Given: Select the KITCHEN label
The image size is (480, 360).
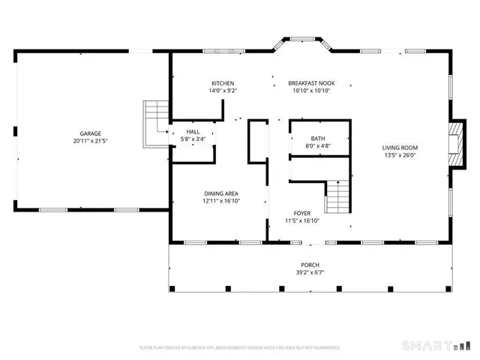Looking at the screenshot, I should [x=223, y=83].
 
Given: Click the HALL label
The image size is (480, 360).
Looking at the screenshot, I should [x=193, y=132].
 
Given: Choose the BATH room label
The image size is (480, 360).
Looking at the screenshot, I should [x=318, y=139].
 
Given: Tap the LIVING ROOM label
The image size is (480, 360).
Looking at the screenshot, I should [x=400, y=148].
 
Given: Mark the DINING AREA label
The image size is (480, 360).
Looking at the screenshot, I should [x=221, y=193].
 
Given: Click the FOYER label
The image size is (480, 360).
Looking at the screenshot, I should [x=302, y=213].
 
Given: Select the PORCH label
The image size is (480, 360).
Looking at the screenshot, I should [x=310, y=265].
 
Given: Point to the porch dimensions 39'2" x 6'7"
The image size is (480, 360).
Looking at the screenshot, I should [x=310, y=273].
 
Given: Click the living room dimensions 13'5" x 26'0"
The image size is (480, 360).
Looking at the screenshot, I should [x=400, y=155].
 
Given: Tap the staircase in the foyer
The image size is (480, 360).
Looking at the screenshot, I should [x=337, y=196].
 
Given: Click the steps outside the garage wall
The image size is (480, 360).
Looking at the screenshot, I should [x=155, y=117].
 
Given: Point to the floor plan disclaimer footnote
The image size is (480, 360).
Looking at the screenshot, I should [x=240, y=348].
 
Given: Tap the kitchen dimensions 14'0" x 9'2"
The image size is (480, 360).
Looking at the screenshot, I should [x=223, y=91].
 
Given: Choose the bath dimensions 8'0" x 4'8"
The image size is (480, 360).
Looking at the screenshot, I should [x=318, y=146].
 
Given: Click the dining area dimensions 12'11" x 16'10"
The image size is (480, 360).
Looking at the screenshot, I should [x=221, y=201].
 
